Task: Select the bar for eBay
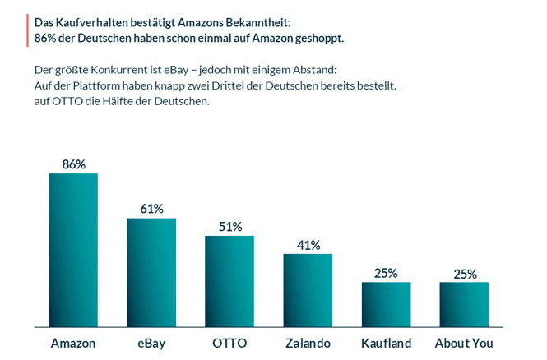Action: click(151, 271)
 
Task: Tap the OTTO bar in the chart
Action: click(229, 280)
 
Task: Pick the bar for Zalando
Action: click(308, 289)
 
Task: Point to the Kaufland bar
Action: click(386, 303)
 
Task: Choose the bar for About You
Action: click(464, 303)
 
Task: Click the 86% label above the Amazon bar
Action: click(74, 164)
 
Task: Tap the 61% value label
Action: click(151, 209)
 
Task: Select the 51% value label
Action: click(229, 227)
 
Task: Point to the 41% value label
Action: click(308, 245)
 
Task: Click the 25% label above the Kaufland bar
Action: click(387, 273)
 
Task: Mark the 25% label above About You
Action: click(465, 273)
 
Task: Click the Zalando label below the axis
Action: click(308, 342)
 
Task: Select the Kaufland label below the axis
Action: click(386, 342)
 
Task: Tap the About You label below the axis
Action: click(464, 342)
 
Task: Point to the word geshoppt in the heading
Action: click(318, 38)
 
